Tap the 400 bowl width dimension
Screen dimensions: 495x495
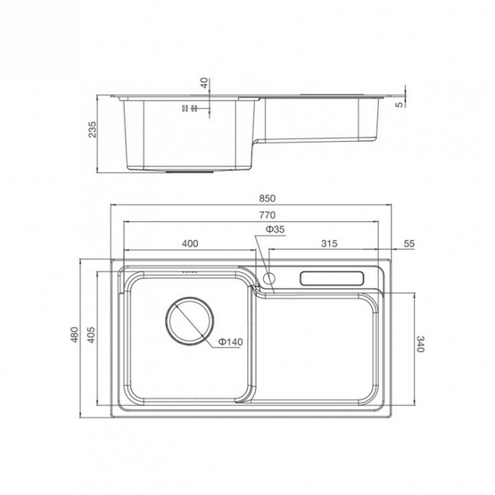191,244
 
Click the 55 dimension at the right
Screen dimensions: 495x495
409,244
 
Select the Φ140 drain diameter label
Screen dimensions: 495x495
231,342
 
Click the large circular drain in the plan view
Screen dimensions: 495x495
190,322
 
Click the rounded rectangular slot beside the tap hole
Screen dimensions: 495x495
332,278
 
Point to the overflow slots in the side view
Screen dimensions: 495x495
189,108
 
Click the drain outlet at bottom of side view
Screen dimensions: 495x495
190,172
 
